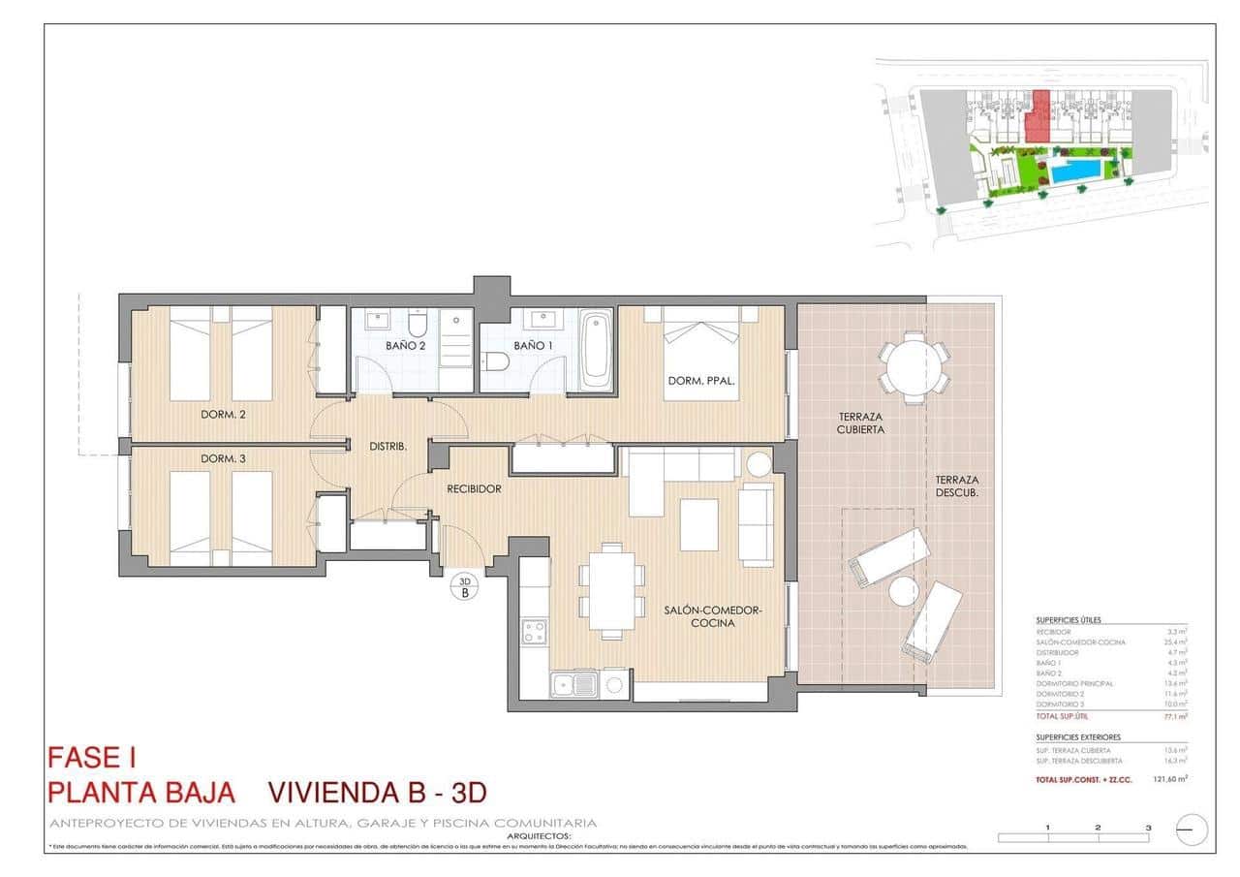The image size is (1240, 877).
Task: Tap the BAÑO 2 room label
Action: (405, 345)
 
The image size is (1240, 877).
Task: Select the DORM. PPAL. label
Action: (701, 381)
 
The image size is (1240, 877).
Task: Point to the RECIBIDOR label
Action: (474, 489)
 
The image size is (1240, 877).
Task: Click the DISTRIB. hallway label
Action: (387, 447)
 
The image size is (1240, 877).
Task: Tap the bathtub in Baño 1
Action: (595, 349)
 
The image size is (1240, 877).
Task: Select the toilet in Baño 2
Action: (418, 322)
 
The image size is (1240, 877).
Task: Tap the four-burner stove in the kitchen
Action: (534, 632)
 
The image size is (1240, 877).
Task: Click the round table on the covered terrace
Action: (913, 367)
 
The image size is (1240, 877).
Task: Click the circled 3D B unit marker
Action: (464, 586)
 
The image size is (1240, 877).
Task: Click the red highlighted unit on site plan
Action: (1038, 119)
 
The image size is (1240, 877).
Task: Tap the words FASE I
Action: (98, 757)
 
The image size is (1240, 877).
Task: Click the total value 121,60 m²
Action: (1170, 779)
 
